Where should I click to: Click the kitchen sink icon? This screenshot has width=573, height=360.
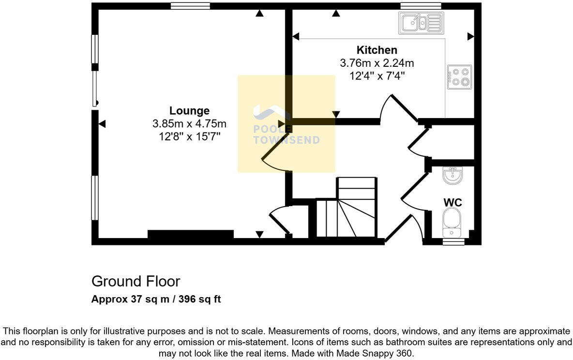pos(421,23)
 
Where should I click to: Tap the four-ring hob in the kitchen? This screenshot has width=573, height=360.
pos(459,77)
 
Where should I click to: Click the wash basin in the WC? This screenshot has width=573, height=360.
pos(452,175)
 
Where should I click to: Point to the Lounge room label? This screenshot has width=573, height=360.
pos(189,111)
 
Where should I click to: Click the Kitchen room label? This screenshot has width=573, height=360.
pos(377,50)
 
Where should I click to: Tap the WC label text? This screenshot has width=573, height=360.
pos(452,202)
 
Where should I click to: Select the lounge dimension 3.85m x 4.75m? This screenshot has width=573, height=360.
pos(189,124)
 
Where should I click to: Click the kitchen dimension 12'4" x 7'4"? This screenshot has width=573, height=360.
pos(377,75)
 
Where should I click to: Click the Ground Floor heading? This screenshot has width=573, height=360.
pos(136,281)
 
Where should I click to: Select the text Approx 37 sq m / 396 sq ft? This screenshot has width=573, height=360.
pos(156,299)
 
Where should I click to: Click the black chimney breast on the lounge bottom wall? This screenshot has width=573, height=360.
pos(190,235)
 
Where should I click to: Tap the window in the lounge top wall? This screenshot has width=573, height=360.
pos(190,6)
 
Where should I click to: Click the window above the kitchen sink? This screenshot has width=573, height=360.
pos(421,6)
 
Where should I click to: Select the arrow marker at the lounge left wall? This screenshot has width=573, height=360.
pos(102,124)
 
